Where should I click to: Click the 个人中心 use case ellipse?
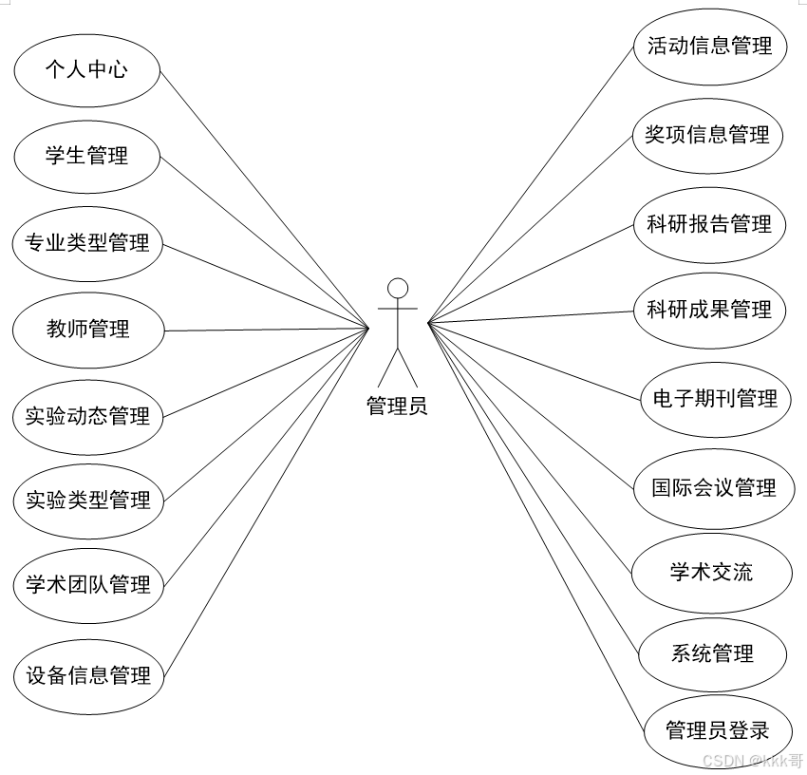point(86,69)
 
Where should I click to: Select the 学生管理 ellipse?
point(86,156)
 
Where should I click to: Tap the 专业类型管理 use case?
point(86,243)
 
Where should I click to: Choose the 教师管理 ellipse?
point(87,330)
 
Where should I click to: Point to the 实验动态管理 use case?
point(87,416)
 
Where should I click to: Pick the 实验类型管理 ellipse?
point(87,500)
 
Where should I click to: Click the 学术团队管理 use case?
point(87,585)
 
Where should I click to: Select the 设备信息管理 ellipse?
point(88,676)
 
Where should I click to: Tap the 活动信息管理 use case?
point(709,46)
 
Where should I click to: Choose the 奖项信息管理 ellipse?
point(707,135)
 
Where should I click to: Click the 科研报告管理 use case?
point(709,225)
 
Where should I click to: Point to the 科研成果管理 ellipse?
point(709,310)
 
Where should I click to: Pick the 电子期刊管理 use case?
point(709,399)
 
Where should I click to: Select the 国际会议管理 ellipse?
point(713,488)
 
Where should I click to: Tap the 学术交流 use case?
point(711,572)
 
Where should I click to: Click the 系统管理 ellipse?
point(712,653)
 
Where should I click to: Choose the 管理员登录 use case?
point(717,731)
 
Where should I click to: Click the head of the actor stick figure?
point(398,288)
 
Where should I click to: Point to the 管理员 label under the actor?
point(397,406)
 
